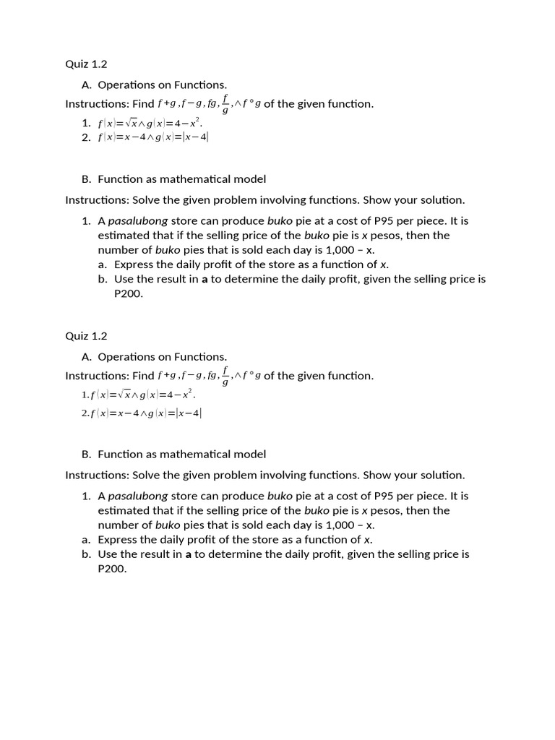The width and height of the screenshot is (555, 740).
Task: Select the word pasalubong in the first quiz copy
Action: coord(137,221)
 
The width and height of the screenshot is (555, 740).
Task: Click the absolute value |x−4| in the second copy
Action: coord(190,413)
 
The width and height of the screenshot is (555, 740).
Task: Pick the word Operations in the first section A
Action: coord(125,85)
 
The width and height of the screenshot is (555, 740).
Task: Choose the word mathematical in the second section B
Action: coord(196,455)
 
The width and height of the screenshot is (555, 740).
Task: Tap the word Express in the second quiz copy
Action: coord(116,540)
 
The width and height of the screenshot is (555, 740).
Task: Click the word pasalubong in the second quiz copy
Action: coord(137,496)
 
